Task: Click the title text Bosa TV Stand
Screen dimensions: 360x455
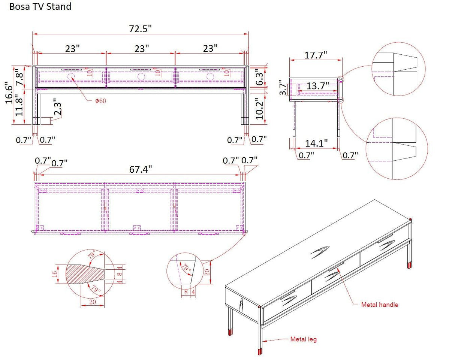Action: (40, 6)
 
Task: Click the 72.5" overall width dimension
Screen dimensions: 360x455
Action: (141, 29)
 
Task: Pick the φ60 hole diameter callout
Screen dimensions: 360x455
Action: (100, 101)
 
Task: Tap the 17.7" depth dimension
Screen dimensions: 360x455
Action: (316, 55)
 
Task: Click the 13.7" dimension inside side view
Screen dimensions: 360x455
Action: (317, 86)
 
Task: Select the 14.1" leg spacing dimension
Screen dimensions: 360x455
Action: (316, 143)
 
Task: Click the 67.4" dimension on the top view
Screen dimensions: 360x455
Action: (141, 169)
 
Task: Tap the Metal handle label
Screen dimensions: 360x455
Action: (379, 305)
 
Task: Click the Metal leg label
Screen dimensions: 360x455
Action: (303, 339)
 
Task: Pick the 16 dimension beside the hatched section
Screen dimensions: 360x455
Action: (55, 274)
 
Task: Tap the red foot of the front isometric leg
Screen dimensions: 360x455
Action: (260, 351)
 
